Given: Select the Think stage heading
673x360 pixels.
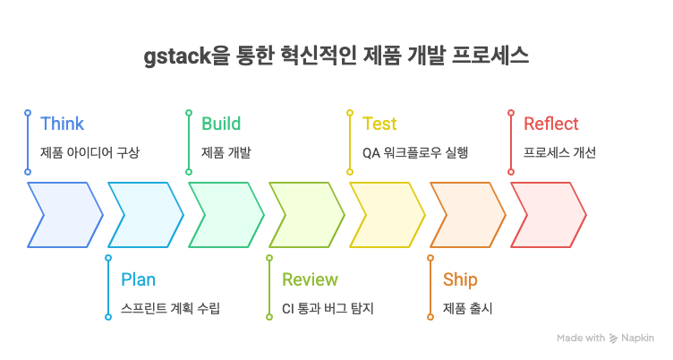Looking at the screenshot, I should (62, 124).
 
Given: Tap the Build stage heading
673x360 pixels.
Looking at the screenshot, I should (220, 124).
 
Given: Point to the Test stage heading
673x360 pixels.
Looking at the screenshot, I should (379, 124).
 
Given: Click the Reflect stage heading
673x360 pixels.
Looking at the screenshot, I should (550, 124).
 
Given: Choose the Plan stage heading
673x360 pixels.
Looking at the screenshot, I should (138, 279).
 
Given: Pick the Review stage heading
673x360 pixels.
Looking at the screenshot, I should (310, 279).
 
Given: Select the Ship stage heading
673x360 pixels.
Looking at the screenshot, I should (460, 279).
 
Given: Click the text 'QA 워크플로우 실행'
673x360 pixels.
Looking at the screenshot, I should (415, 152).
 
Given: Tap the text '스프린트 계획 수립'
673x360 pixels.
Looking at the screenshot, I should (170, 308).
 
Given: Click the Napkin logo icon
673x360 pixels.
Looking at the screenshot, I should (614, 339).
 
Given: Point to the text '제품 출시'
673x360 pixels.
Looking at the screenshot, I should (467, 308).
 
